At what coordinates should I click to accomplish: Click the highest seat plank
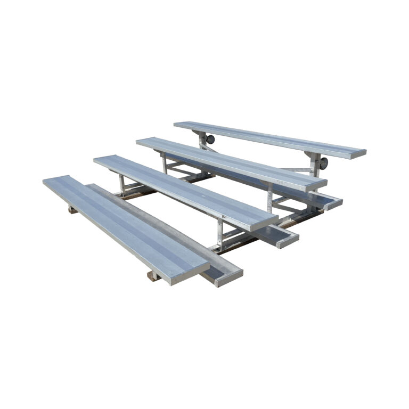(266, 137)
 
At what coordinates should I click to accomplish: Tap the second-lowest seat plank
(181, 189)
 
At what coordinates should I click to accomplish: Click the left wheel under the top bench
(210, 140)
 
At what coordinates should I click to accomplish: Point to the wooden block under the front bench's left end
(72, 209)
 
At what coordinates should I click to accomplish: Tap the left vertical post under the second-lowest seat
(121, 184)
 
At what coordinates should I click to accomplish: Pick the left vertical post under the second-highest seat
(163, 162)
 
